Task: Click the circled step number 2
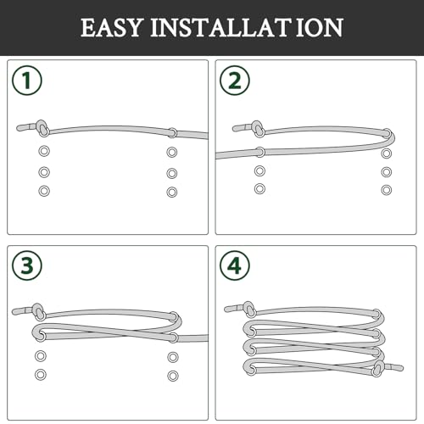click(x=234, y=81)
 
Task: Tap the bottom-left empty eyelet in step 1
click(x=44, y=191)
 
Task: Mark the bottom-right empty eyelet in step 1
click(x=172, y=192)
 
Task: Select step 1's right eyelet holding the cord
click(x=172, y=133)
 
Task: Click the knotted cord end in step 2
click(x=255, y=129)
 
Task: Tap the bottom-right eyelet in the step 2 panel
click(x=387, y=189)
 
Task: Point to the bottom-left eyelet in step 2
click(x=259, y=188)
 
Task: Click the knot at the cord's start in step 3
click(x=36, y=310)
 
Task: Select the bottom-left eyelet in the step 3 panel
click(x=40, y=374)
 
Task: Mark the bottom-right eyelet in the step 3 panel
click(x=173, y=375)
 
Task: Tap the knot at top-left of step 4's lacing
click(x=249, y=309)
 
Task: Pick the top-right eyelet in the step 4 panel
click(x=376, y=314)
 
